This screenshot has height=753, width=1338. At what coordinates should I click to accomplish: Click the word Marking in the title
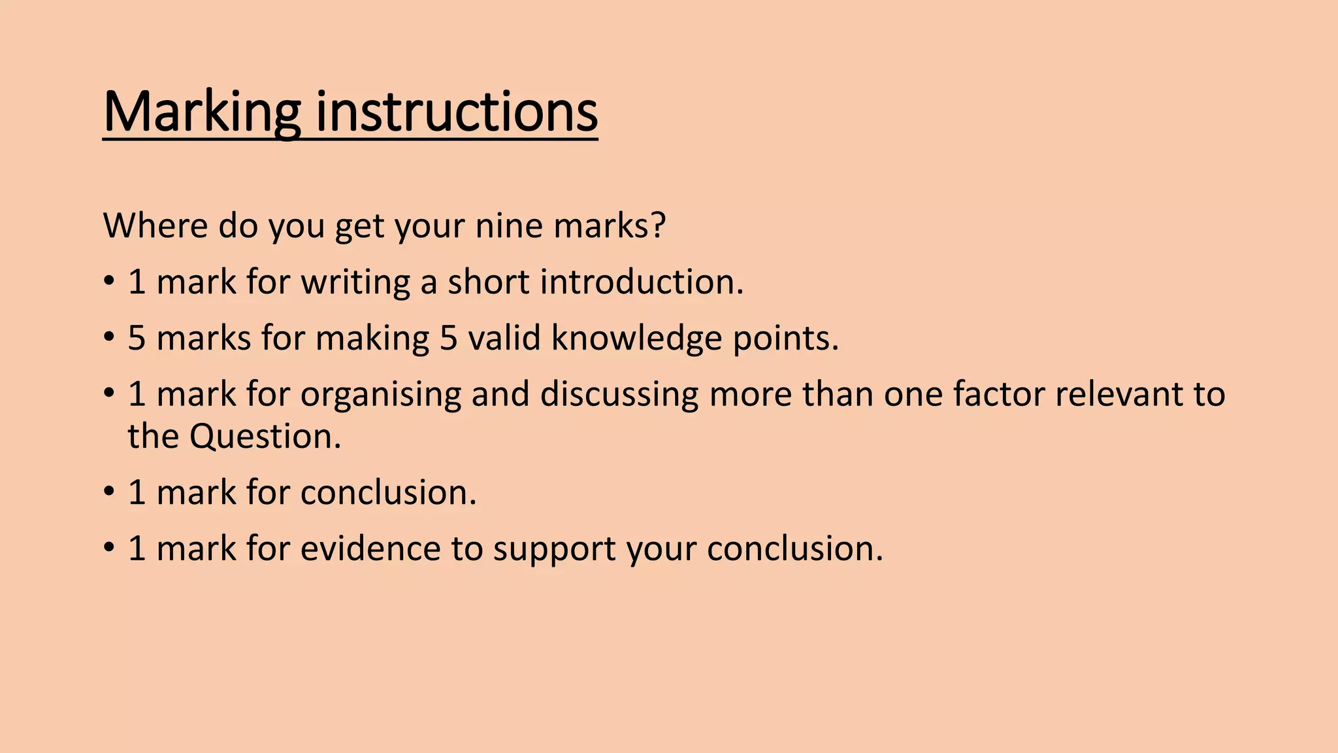point(201,112)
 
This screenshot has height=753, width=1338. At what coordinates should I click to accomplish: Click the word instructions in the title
point(457,112)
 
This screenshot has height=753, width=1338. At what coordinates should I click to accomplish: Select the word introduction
point(642,282)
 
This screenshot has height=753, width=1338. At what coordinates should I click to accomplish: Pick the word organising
point(380,395)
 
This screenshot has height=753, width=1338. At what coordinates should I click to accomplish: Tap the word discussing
point(619,395)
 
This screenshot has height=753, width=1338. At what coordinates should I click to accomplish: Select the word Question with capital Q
point(265,437)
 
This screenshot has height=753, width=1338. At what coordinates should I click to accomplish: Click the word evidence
point(370,548)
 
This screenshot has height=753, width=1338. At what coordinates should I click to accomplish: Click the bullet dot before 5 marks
point(108,339)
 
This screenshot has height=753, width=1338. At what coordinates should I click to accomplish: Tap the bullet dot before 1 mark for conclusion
point(108,492)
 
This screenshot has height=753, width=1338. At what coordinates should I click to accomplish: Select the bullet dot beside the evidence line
point(108,548)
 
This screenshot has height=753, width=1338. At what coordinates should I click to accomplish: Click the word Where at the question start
point(155,226)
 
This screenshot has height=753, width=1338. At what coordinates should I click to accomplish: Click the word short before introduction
point(488,282)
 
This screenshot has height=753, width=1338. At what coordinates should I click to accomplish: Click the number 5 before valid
point(449,339)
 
